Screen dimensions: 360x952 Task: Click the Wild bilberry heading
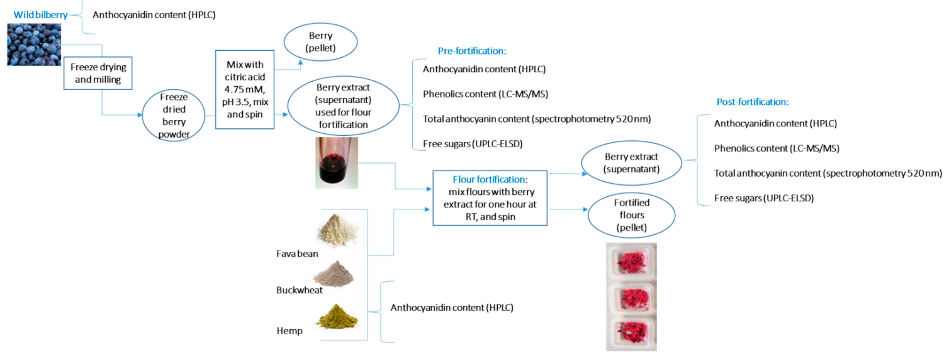click(41, 15)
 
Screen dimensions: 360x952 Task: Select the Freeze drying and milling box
click(98, 73)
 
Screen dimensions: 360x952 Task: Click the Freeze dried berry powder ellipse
click(174, 115)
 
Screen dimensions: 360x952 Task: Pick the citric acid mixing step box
click(245, 89)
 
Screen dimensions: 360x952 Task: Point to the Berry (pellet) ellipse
click(320, 42)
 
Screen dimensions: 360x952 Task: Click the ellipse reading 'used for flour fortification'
click(343, 106)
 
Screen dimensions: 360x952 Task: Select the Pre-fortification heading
click(472, 51)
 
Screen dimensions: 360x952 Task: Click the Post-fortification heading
click(752, 102)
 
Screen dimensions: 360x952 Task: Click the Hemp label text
click(289, 331)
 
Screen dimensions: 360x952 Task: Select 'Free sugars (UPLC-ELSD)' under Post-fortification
click(764, 198)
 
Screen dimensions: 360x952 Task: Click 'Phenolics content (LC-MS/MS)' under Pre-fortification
click(485, 94)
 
